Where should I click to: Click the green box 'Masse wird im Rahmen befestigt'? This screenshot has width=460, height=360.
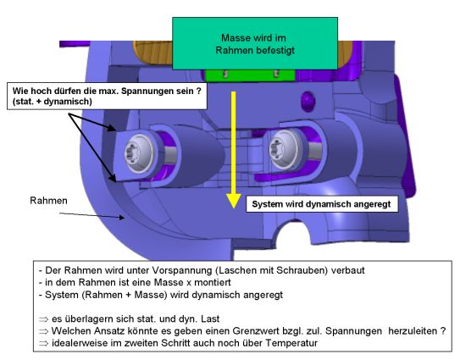pyautogui.click(x=255, y=43)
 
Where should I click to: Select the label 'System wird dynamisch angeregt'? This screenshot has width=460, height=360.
pyautogui.click(x=322, y=204)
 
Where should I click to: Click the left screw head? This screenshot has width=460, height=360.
pyautogui.click(x=139, y=154)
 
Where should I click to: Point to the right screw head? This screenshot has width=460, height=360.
pyautogui.click(x=284, y=149)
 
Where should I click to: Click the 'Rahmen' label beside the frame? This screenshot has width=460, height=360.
pyautogui.click(x=48, y=201)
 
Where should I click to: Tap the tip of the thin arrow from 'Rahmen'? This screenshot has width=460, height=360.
pyautogui.click(x=124, y=218)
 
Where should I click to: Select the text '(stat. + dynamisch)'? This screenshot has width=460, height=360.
pyautogui.click(x=53, y=102)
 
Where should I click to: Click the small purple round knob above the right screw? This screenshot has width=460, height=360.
pyautogui.click(x=308, y=100)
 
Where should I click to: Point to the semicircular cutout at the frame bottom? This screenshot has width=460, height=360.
pyautogui.click(x=291, y=232)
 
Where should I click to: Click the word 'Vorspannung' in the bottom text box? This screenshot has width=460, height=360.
pyautogui.click(x=180, y=270)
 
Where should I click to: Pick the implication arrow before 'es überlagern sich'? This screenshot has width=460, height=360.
pyautogui.click(x=43, y=319)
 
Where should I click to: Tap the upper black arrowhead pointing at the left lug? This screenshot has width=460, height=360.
pyautogui.click(x=111, y=128)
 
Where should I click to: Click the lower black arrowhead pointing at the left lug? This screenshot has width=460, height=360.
pyautogui.click(x=113, y=177)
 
